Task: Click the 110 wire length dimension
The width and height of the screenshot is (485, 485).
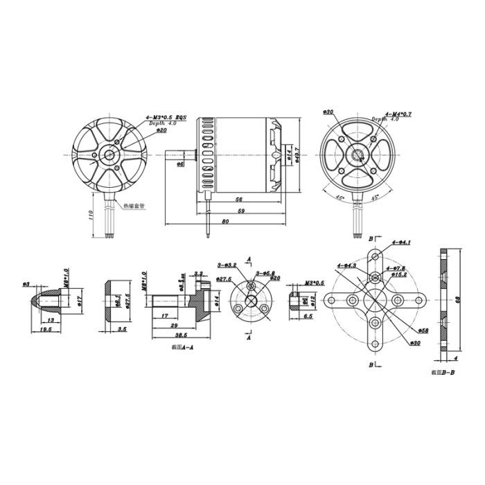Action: (x=89, y=215)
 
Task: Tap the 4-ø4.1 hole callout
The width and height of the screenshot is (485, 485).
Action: (x=401, y=242)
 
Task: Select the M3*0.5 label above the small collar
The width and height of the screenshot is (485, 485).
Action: (x=315, y=283)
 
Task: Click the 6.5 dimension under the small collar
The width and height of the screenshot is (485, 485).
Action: (x=308, y=315)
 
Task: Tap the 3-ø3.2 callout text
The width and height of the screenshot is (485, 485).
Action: (x=227, y=265)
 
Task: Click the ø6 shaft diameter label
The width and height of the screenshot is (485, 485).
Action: (x=181, y=164)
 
